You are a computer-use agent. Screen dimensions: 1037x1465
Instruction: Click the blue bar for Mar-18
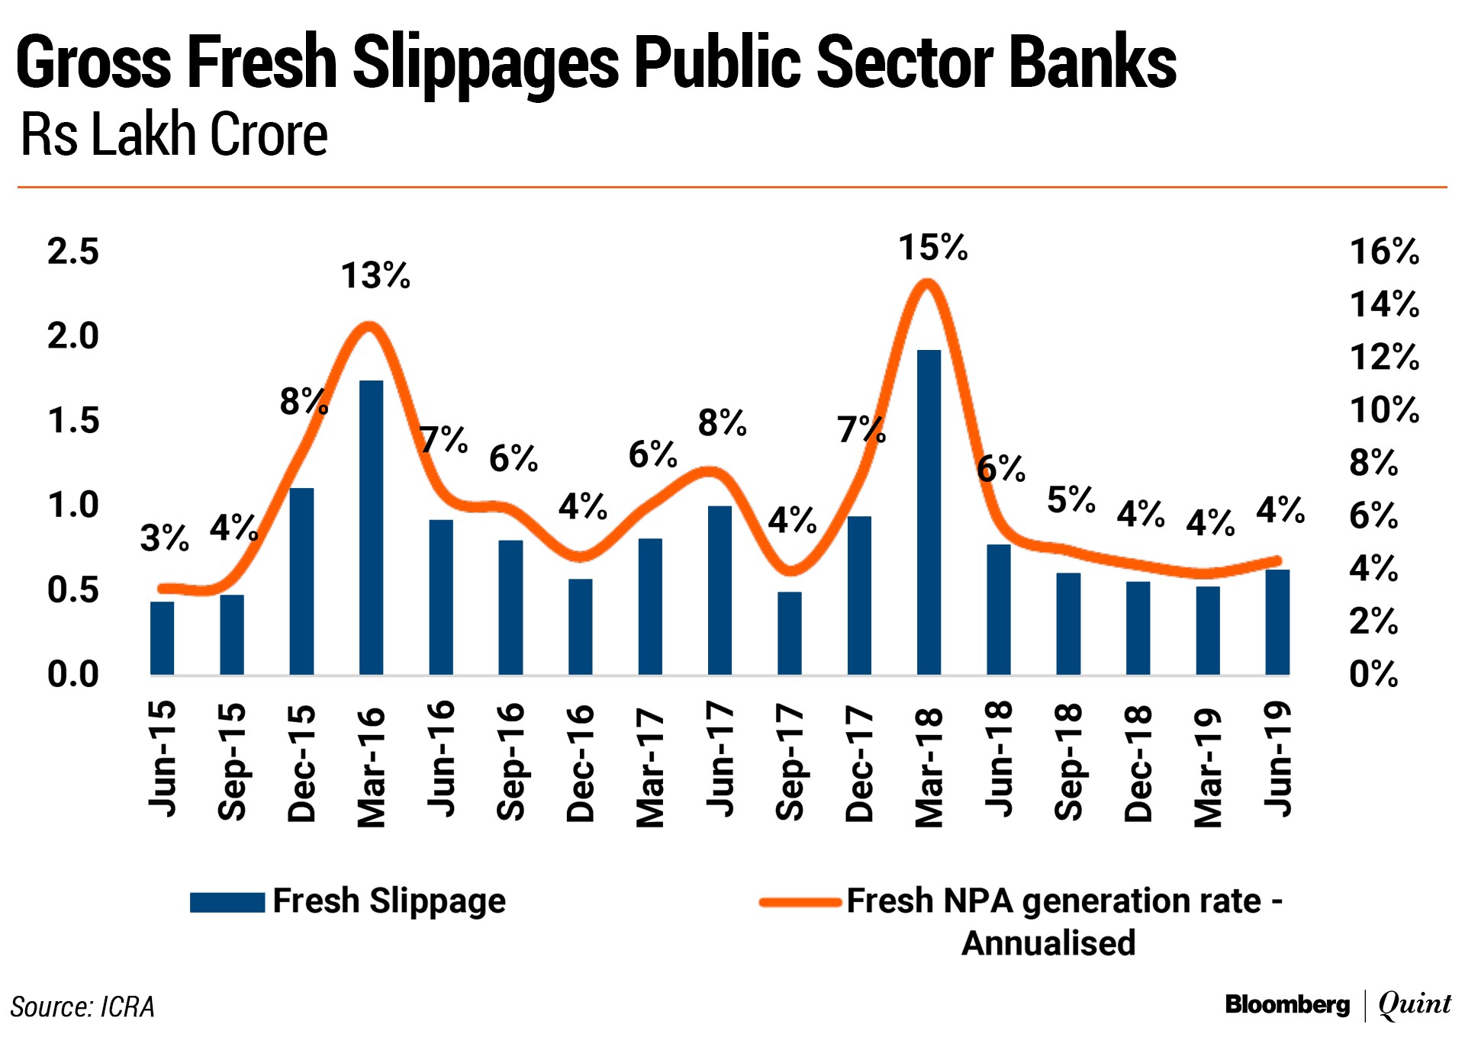(x=929, y=512)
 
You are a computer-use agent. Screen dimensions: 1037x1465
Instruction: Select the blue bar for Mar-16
(x=371, y=528)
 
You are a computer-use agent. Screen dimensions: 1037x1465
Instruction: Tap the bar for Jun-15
(x=162, y=638)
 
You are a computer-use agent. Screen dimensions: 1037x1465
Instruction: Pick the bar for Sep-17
(x=790, y=633)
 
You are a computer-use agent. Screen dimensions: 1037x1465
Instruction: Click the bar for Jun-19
(x=1277, y=622)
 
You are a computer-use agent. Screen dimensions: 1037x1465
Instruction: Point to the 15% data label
(x=932, y=248)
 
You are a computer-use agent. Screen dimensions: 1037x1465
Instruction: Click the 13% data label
(x=375, y=275)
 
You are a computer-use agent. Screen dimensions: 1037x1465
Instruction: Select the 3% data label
(x=164, y=538)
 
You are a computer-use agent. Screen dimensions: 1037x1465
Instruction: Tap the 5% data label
(x=1071, y=500)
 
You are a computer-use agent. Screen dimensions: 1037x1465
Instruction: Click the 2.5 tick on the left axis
(x=73, y=252)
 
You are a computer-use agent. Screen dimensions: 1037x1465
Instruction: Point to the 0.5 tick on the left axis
(x=73, y=589)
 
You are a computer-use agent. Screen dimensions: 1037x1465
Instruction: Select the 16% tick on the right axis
(x=1384, y=252)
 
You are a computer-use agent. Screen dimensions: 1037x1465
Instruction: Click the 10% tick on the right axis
(x=1384, y=410)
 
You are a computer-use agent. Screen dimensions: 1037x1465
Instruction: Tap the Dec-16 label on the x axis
(x=581, y=762)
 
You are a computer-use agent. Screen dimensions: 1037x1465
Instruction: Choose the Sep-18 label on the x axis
(x=1068, y=762)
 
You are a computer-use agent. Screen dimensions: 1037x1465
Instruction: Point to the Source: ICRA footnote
(x=82, y=1006)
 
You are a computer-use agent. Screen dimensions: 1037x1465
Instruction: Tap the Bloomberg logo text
(x=1287, y=1004)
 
